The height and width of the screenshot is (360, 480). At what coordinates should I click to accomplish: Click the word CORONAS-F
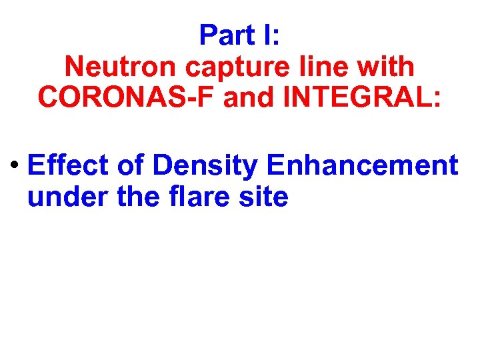(127, 97)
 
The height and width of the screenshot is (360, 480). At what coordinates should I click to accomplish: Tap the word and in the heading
(248, 97)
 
